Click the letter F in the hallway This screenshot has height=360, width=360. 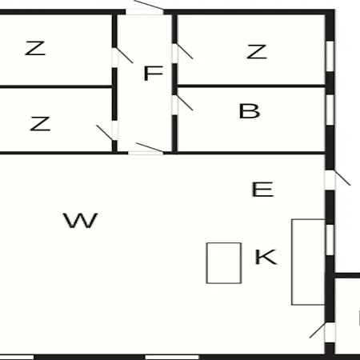click(x=153, y=73)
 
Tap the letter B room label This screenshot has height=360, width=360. click(x=250, y=111)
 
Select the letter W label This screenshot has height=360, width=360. click(x=80, y=220)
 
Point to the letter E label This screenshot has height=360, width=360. click(x=262, y=190)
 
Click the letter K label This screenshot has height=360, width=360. click(x=266, y=257)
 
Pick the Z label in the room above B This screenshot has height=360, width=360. click(x=257, y=52)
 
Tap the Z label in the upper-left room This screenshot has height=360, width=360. click(x=35, y=48)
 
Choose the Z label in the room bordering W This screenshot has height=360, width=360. click(x=40, y=123)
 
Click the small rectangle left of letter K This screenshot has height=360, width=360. click(x=224, y=263)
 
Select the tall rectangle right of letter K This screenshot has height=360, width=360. click(x=308, y=262)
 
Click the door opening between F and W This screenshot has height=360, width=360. click(x=146, y=153)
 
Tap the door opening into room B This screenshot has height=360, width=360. click(x=174, y=105)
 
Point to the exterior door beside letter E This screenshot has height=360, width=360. click(x=330, y=180)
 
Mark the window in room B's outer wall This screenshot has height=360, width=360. click(x=330, y=110)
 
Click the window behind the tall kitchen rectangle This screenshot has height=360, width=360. click(x=330, y=240)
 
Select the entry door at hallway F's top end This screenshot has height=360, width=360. click(x=144, y=12)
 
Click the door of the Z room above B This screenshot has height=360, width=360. click(x=174, y=54)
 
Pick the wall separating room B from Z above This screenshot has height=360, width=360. click(x=251, y=86)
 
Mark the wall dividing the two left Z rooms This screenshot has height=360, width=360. click(x=56, y=87)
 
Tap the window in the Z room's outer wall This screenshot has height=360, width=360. click(x=330, y=56)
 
